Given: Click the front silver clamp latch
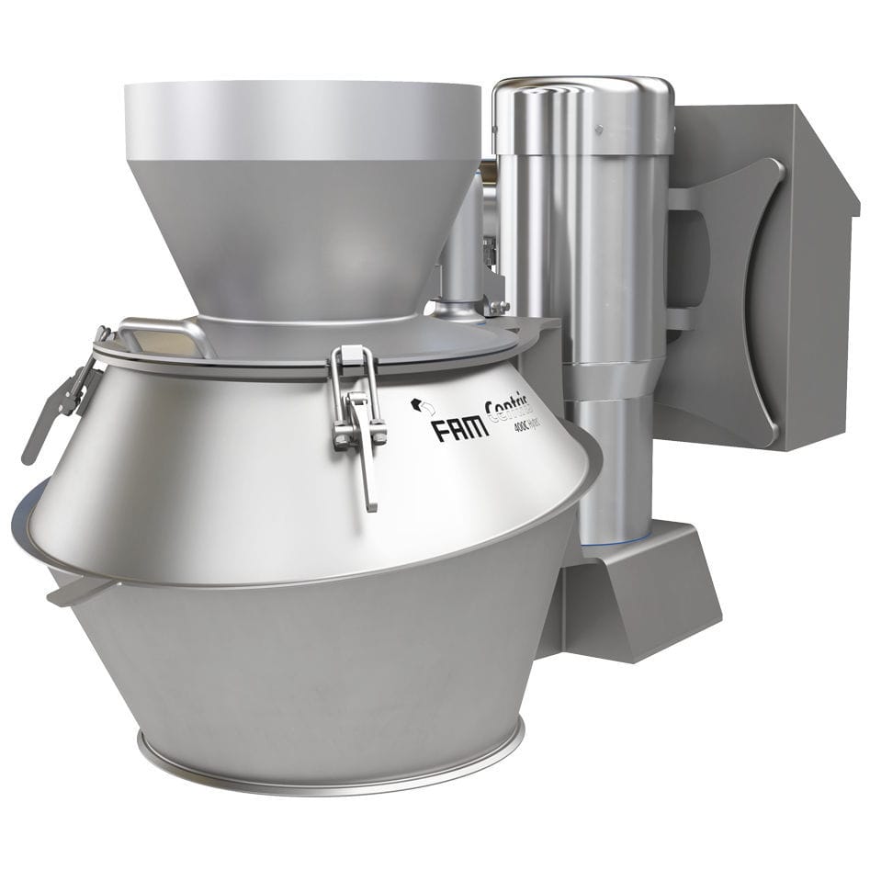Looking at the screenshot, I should tap(356, 413).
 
